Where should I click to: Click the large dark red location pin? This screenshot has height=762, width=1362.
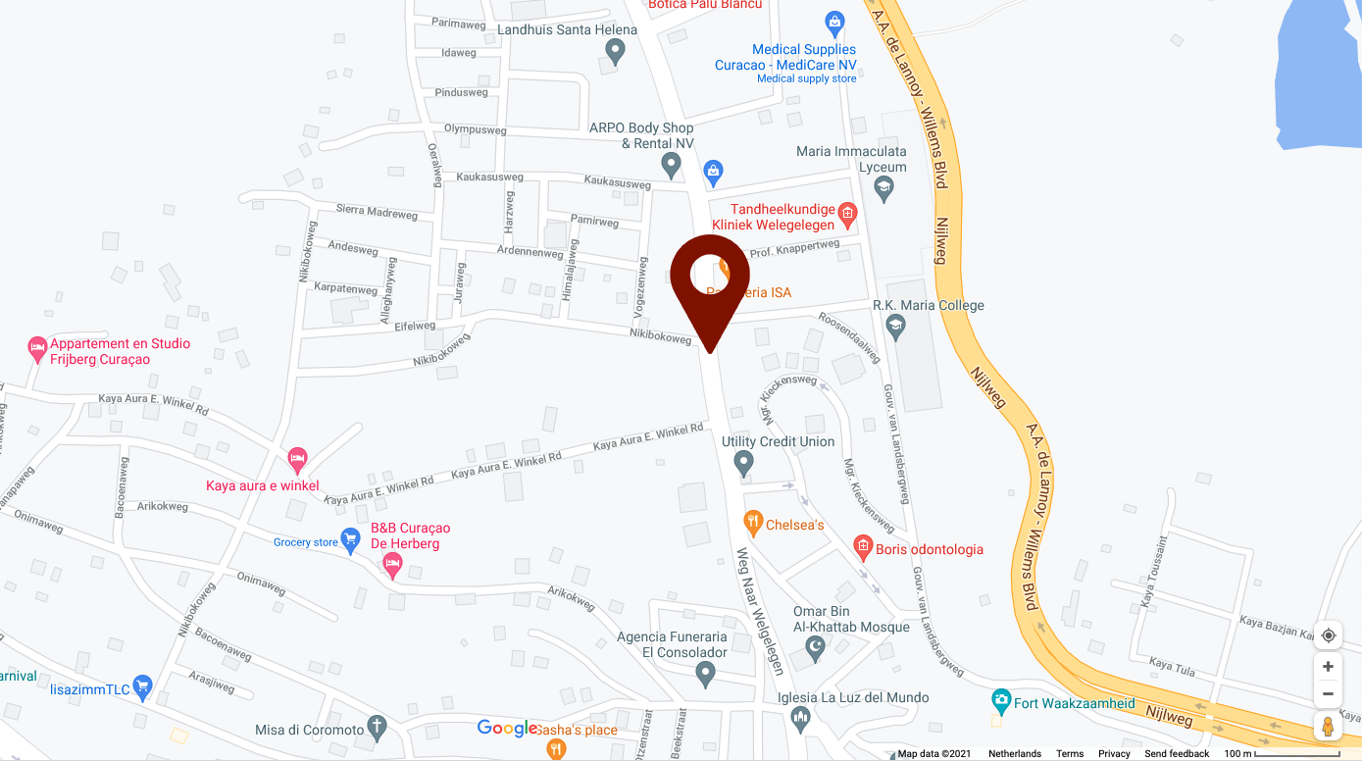pos(709,279)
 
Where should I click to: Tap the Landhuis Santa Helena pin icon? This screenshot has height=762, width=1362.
pos(615,52)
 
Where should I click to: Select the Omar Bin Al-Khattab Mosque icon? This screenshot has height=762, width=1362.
pos(814,647)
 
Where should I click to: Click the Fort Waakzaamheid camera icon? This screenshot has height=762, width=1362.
pos(1001,701)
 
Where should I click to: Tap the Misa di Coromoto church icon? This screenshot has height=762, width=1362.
pos(376,728)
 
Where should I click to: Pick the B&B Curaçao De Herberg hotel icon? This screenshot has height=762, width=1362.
pos(392,564)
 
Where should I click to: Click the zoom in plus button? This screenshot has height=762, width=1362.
pos(1328,667)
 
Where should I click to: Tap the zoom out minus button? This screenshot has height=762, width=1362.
pos(1328,694)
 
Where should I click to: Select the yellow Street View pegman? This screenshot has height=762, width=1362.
pos(1328,727)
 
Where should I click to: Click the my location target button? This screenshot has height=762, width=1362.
pos(1328,635)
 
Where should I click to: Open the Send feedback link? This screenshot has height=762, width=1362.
pos(1177,754)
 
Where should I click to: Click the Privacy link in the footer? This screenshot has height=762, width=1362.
pos(1114,754)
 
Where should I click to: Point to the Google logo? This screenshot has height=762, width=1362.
pos(507,728)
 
